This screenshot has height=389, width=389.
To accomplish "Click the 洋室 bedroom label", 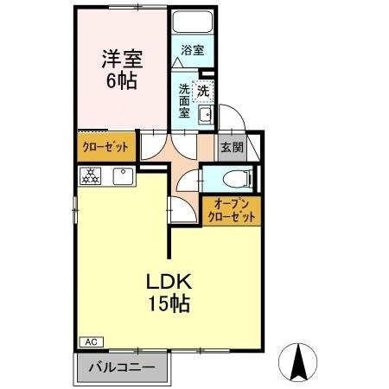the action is pos(122,59).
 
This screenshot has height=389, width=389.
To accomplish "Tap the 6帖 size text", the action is pos(122,81).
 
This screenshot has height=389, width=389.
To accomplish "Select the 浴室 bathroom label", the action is pos(193,50).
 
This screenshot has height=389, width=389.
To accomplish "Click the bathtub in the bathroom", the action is pos(193,22).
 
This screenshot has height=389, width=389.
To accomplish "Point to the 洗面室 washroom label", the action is pos(184,101).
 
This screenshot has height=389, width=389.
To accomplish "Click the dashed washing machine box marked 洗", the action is pos(203,92).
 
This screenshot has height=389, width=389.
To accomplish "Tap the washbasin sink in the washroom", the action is pos(206,115).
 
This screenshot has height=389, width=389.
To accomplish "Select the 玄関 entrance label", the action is pos(233,148).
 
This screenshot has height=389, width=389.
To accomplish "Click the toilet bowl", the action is pos(238,180).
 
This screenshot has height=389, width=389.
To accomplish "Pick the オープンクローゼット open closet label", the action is pos(232,211).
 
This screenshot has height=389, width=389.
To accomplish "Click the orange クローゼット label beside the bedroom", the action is pos(105,147).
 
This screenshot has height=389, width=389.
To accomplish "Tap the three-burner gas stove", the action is pos(91,175).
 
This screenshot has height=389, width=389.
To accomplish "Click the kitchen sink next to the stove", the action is pos(124,175).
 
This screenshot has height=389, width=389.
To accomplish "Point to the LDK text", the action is pos(169,282).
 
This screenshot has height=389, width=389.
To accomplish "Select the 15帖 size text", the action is pos(169,303).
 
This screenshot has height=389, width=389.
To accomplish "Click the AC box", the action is pos(91,342).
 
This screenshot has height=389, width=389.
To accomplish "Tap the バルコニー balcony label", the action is pos(122,367).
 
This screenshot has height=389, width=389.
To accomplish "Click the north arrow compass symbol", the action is pos(297,362).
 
